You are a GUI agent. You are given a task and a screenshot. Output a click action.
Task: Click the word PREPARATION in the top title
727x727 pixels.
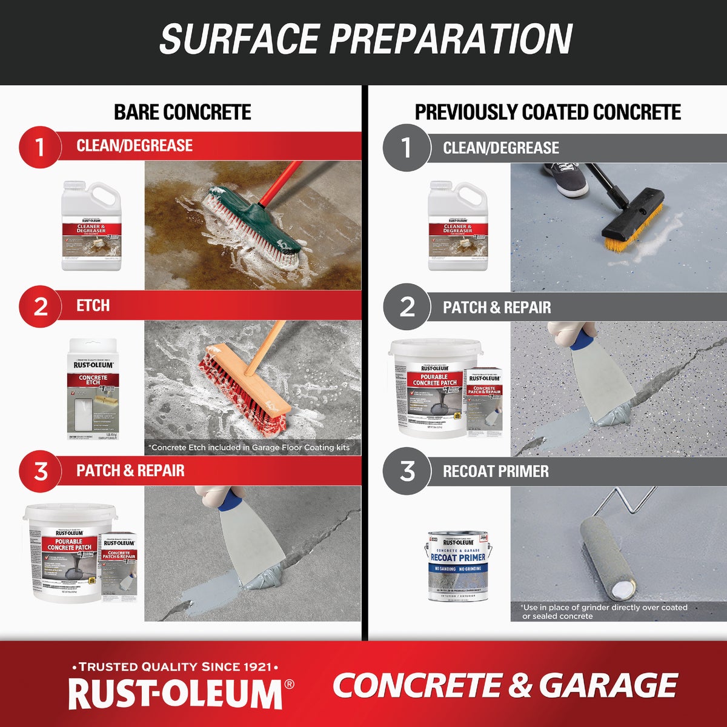[451, 39]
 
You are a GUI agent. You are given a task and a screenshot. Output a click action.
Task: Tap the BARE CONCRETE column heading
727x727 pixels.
[182, 112]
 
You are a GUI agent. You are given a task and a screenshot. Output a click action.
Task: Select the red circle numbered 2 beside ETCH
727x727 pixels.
[40, 306]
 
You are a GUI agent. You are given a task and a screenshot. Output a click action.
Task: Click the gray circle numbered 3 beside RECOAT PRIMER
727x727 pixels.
[407, 471]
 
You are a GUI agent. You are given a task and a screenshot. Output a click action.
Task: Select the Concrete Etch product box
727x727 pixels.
[92, 388]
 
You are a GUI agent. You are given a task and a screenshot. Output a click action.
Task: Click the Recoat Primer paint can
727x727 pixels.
[458, 566]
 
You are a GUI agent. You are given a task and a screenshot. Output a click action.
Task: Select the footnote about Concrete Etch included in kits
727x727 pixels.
[249, 447]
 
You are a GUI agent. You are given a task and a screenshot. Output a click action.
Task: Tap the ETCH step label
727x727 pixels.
[93, 305]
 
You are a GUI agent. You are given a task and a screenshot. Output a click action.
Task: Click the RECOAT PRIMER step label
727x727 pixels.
[496, 471]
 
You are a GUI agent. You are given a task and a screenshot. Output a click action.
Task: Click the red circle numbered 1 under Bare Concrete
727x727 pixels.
[40, 147]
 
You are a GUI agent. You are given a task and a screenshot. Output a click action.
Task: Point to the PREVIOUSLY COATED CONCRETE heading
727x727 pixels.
[548, 112]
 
